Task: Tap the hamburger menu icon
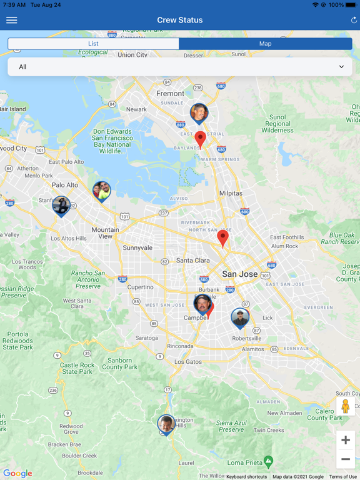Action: tap(11, 20)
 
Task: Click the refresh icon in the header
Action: tap(354, 20)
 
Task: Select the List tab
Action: tap(93, 44)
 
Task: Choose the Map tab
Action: tap(265, 44)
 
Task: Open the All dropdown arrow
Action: tap(341, 67)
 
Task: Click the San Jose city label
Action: tap(240, 274)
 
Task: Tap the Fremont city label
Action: tap(170, 94)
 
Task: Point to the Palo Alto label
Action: tap(65, 185)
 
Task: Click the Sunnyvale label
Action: tap(137, 247)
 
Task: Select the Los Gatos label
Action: tap(187, 362)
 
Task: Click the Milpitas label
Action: tap(231, 194)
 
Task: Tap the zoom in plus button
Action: tap(346, 440)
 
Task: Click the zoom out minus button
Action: tap(346, 459)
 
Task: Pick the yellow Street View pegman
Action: tap(346, 406)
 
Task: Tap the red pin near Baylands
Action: tap(200, 138)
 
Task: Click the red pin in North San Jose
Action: tap(222, 237)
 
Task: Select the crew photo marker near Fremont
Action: tap(199, 113)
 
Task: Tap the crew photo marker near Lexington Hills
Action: tap(166, 424)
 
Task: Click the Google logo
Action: tap(17, 474)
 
